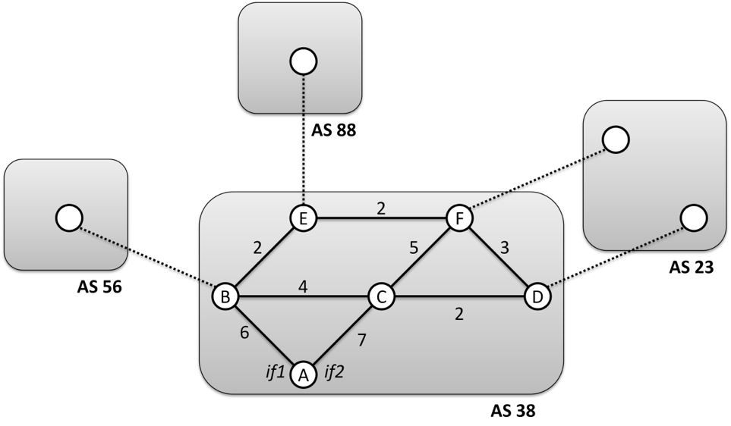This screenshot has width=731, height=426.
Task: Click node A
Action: pos(304,374)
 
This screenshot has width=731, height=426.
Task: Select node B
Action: pos(225,296)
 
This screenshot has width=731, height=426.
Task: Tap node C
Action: pos(381,296)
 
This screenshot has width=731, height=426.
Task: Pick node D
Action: pos(537,296)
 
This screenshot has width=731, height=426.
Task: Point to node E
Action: pos(304,218)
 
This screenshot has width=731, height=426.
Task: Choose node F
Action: pos(459,218)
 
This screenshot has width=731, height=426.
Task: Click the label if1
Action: pos(275,372)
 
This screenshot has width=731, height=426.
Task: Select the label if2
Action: pos(334,372)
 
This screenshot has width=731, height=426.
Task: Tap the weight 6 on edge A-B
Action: pos(244,333)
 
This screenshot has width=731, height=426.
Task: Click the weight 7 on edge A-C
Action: pos(361,340)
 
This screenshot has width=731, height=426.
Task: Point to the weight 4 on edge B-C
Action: pos(303,287)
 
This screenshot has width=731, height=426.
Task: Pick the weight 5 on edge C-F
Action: pos(414,248)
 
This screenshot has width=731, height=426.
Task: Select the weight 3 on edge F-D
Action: pos(504,248)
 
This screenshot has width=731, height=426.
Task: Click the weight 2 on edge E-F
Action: pos(381,208)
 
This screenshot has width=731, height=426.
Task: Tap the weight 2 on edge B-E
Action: pos(257,248)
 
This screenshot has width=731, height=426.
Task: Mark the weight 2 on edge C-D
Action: pos(458,313)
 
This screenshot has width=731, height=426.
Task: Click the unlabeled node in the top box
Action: pos(304,61)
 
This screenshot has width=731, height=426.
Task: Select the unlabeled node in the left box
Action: pos(69,218)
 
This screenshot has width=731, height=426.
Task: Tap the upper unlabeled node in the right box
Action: pos(616,139)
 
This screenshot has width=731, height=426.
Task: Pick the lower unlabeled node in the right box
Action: pos(693,218)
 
